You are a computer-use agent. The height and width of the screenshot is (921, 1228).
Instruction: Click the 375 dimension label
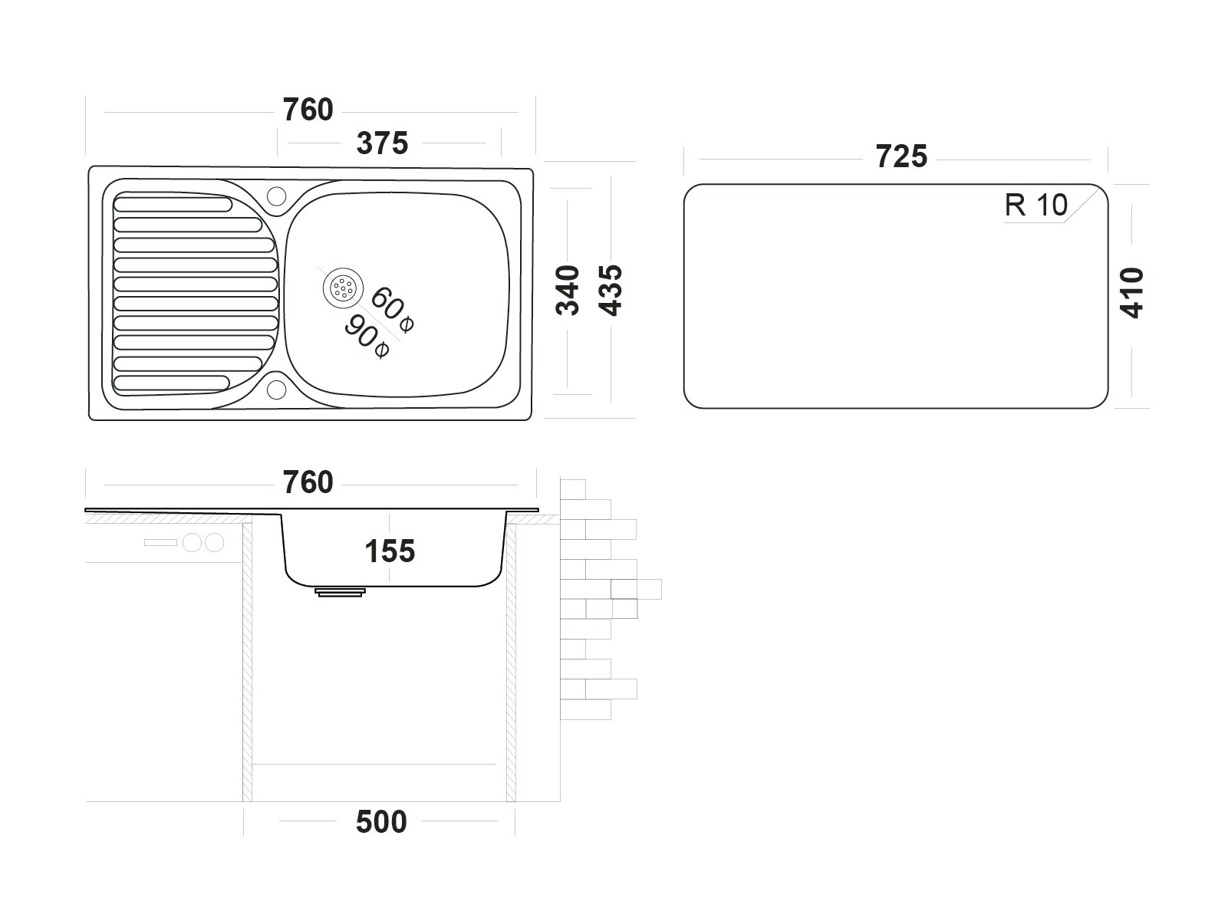pyautogui.click(x=382, y=143)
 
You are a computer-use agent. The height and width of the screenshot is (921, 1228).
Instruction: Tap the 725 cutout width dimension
pyautogui.click(x=901, y=156)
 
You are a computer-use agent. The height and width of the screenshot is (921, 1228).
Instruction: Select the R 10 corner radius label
pyautogui.click(x=1036, y=206)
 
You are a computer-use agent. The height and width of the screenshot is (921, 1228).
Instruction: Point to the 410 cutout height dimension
pyautogui.click(x=1131, y=292)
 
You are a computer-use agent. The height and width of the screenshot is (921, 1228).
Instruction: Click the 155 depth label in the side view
pyautogui.click(x=390, y=551)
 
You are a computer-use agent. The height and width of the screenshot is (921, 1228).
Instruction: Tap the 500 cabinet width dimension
pyautogui.click(x=381, y=822)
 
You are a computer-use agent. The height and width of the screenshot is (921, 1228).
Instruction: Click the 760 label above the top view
pyautogui.click(x=308, y=110)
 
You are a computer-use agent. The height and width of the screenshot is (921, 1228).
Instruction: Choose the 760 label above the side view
pyautogui.click(x=308, y=482)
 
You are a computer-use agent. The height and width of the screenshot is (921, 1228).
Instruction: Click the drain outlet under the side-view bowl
pyautogui.click(x=340, y=591)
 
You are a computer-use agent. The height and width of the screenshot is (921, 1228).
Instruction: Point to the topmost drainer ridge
pyautogui.click(x=173, y=205)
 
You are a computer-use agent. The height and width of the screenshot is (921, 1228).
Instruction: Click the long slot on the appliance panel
pyautogui.click(x=160, y=543)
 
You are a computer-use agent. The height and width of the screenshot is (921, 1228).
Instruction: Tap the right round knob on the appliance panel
pyautogui.click(x=215, y=543)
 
